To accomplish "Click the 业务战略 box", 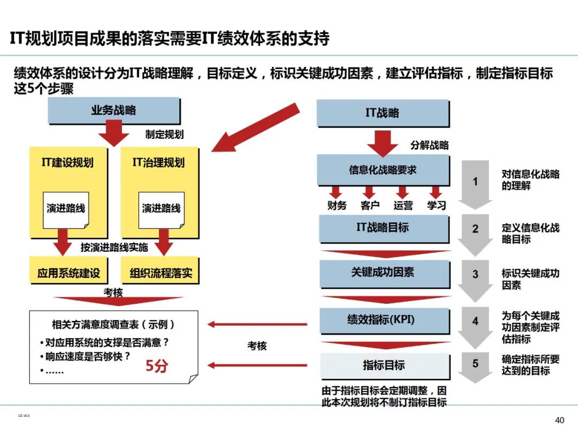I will (113, 110).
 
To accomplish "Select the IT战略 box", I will (382, 113).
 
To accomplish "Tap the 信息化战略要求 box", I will (382, 170).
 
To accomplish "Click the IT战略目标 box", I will (382, 228).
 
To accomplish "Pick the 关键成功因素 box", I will (382, 272).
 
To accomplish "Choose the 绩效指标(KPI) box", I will (382, 320).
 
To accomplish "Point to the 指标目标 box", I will (383, 365).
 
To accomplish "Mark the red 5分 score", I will (157, 366).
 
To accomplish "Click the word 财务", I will (337, 205).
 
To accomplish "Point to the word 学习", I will (436, 205).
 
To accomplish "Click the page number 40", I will (559, 420).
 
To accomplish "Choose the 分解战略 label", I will (429, 145).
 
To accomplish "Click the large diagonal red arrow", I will (257, 127).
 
